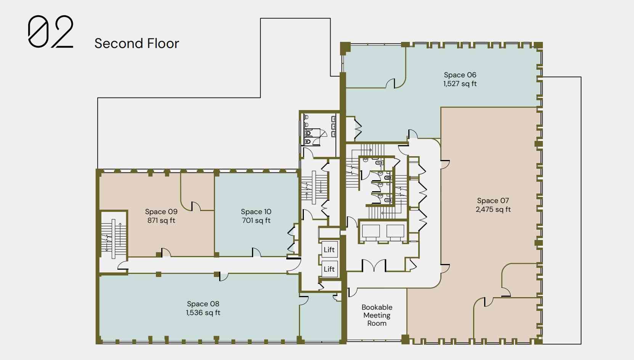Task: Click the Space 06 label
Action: point(460,75)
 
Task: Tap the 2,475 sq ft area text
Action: point(493,210)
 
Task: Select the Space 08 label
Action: point(203,304)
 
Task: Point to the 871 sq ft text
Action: point(161,220)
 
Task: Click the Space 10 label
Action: point(256,211)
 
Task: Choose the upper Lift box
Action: point(329,250)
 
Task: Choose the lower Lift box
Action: point(329,269)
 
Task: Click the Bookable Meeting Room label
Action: point(377,315)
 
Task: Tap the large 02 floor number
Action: point(51,31)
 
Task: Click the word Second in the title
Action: point(119,43)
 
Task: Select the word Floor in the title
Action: point(163,43)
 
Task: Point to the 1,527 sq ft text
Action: point(460,84)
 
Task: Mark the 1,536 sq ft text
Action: point(203,312)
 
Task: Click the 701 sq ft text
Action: point(256,220)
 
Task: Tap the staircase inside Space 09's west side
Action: point(114,239)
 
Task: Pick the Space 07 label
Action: point(493,200)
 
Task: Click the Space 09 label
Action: point(161,211)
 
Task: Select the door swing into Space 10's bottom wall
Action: point(257,252)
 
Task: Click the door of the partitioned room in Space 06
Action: point(390,83)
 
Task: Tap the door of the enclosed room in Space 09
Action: point(196,206)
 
